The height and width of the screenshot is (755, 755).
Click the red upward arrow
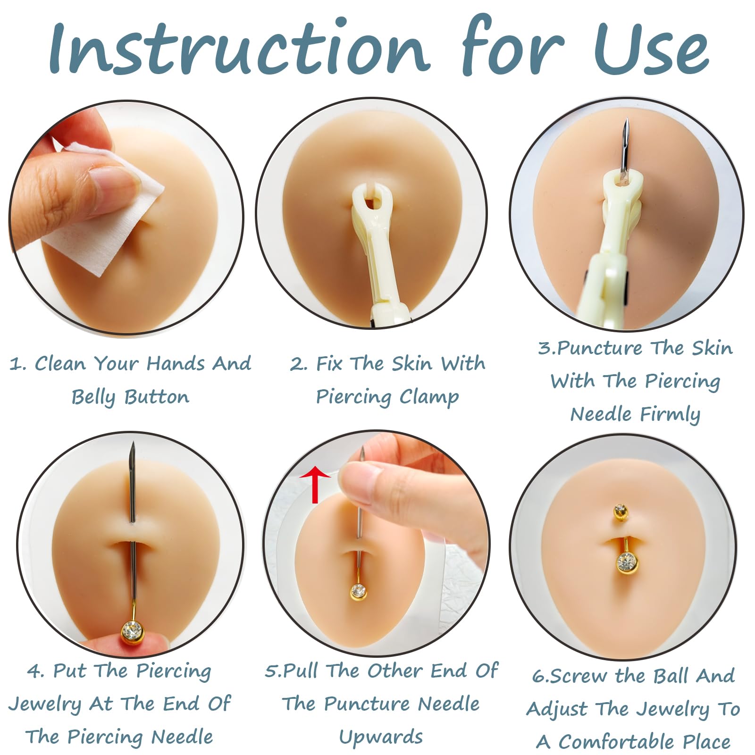point(315,484)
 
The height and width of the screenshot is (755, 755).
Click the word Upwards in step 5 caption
point(381,737)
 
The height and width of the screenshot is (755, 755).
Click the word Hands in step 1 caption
point(175,363)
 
